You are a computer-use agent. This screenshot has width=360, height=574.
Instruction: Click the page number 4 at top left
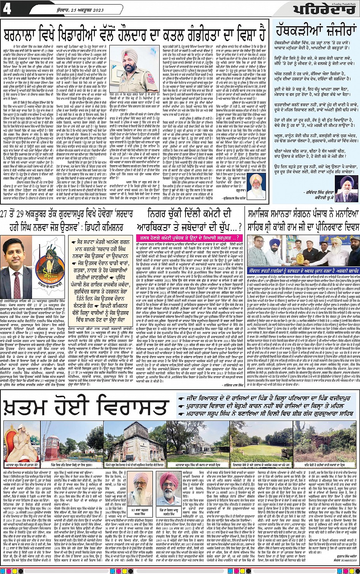click(x=7, y=9)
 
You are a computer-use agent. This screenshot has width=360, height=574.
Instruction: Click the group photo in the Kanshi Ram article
click(x=303, y=250)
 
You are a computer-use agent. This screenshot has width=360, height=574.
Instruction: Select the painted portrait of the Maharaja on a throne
click(x=21, y=442)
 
